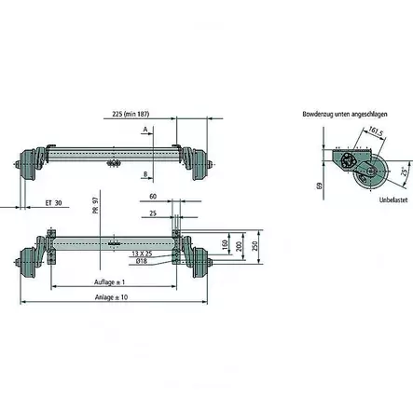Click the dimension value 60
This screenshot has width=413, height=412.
pyautogui.click(x=152, y=198)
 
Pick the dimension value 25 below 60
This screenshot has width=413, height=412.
pyautogui.click(x=152, y=213)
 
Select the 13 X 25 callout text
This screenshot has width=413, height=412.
pyautogui.click(x=144, y=253)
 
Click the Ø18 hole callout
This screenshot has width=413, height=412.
pyautogui.click(x=141, y=261)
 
